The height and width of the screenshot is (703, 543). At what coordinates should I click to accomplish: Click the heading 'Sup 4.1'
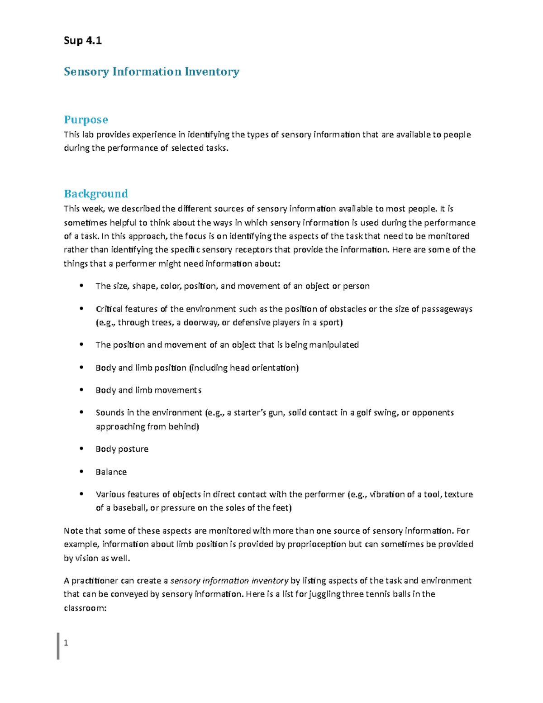[x=82, y=41]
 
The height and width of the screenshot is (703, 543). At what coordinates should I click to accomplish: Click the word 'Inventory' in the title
[x=212, y=72]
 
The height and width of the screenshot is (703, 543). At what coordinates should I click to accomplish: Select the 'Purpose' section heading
[x=86, y=120]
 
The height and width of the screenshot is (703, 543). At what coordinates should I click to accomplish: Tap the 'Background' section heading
[x=95, y=194]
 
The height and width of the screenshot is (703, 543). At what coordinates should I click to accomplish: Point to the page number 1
[x=66, y=643]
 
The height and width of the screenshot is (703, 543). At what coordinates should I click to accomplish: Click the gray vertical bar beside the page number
[x=58, y=646]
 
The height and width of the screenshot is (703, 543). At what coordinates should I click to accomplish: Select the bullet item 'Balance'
[x=111, y=472]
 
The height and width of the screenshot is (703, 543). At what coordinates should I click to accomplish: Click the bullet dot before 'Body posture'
[x=81, y=449]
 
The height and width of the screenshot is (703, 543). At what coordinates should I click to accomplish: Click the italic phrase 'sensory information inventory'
[x=229, y=580]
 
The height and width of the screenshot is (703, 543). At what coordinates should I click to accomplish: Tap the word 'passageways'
[x=447, y=309]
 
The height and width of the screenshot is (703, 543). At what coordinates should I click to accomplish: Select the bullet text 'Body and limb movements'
[x=148, y=390]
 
